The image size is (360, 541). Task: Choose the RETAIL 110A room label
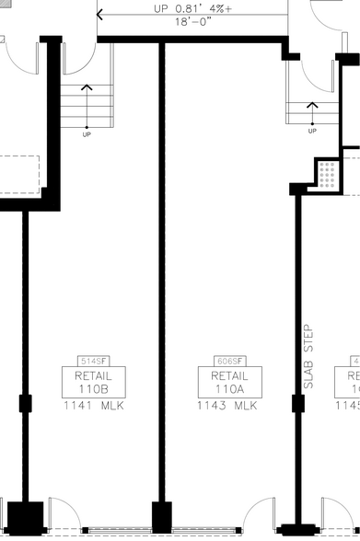pos(229,381)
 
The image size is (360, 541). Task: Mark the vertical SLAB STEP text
pos(308,356)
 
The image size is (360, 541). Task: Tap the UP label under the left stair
pos(87,134)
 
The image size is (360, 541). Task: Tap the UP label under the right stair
pos(312,132)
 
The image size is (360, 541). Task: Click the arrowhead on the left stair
pos(87,88)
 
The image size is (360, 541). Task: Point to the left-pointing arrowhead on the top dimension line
pos(100,15)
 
